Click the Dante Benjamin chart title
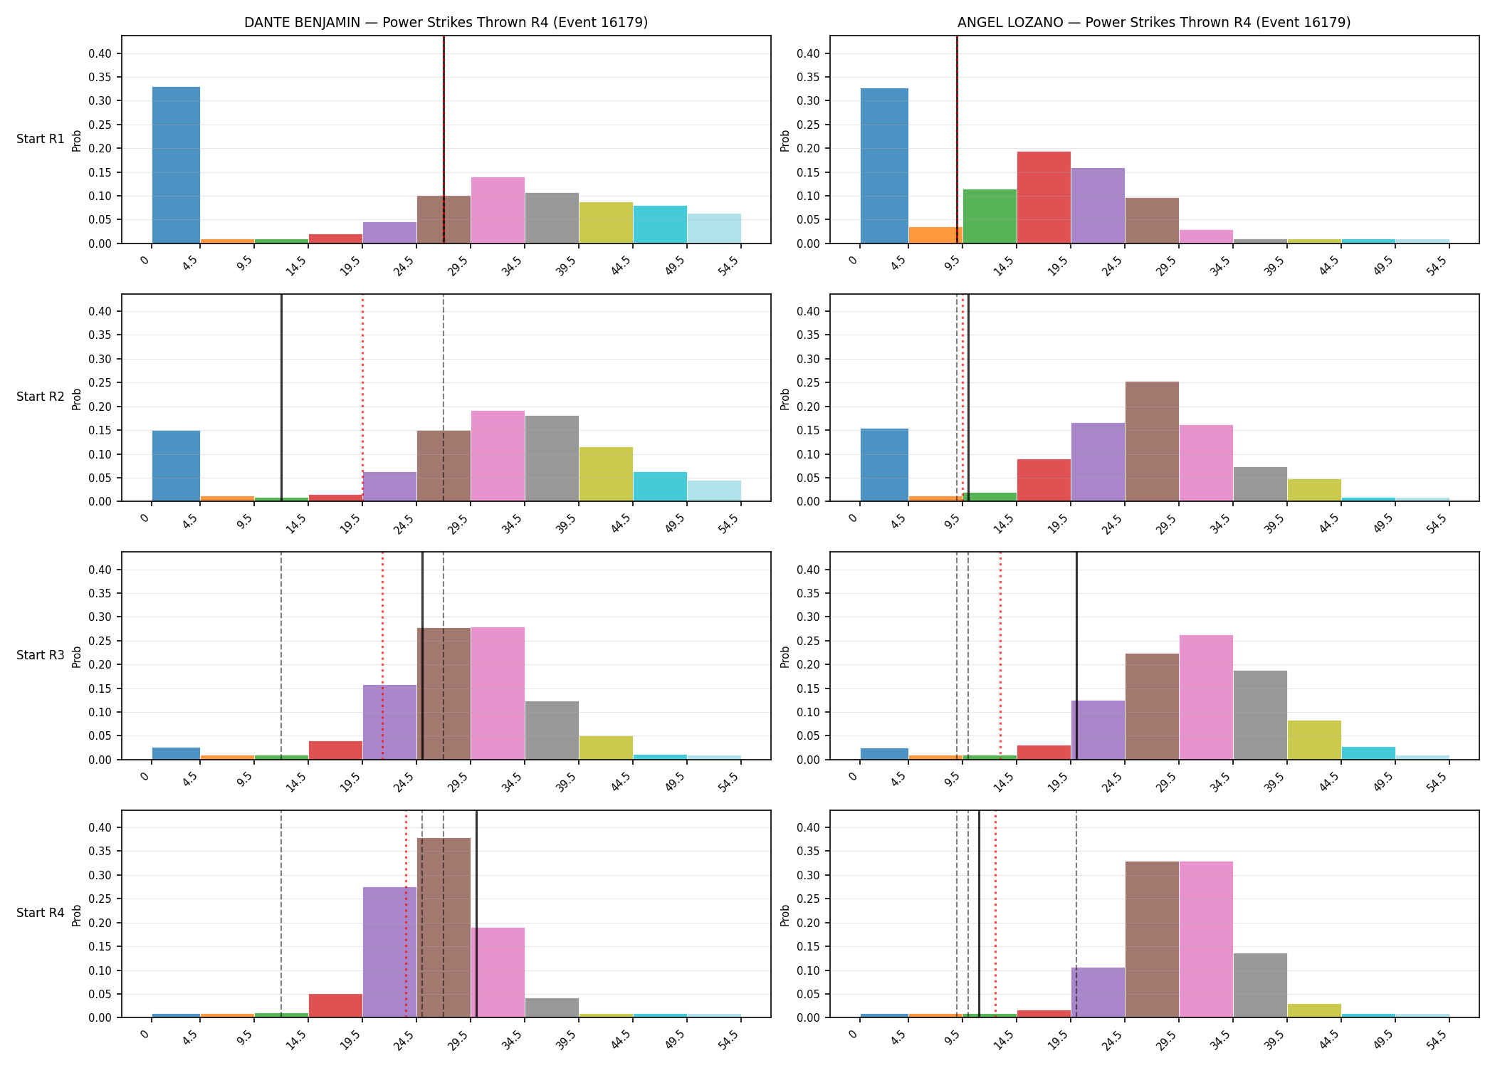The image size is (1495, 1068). pyautogui.click(x=446, y=22)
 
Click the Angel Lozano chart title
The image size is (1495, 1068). pyautogui.click(x=1154, y=22)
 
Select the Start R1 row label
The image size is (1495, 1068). pyautogui.click(x=41, y=139)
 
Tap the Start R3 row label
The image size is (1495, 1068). pyautogui.click(x=41, y=655)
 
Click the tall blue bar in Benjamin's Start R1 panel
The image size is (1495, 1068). pyautogui.click(x=177, y=165)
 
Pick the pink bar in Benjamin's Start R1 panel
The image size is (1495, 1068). pyautogui.click(x=498, y=210)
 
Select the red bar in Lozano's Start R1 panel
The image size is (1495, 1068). pyautogui.click(x=1044, y=197)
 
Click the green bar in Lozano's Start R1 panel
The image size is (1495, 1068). pyautogui.click(x=990, y=216)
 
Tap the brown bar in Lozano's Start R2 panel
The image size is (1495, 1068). pyautogui.click(x=1152, y=441)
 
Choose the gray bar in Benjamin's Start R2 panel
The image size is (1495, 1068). pyautogui.click(x=552, y=459)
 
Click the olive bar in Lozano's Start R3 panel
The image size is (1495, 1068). pyautogui.click(x=1314, y=740)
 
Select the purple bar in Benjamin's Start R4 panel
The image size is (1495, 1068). pyautogui.click(x=389, y=952)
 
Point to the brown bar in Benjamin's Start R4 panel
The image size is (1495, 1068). pyautogui.click(x=444, y=928)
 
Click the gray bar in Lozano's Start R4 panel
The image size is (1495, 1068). pyautogui.click(x=1260, y=985)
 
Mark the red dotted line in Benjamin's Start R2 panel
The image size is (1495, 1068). pyautogui.click(x=362, y=398)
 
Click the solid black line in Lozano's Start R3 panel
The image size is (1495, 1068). pyautogui.click(x=1076, y=656)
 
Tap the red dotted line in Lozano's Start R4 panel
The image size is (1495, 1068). pyautogui.click(x=995, y=914)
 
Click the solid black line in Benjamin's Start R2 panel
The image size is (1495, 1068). pyautogui.click(x=281, y=398)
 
